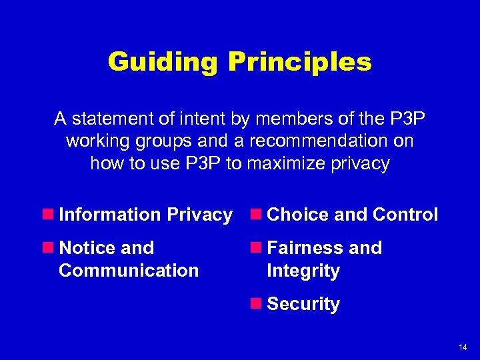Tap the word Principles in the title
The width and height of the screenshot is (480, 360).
(x=299, y=63)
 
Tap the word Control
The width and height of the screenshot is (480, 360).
(x=405, y=215)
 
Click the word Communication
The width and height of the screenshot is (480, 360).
(x=129, y=271)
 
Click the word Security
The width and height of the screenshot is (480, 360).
(x=303, y=304)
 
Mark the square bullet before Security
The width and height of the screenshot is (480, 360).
(x=256, y=304)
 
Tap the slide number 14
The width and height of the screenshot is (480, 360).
(x=463, y=347)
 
